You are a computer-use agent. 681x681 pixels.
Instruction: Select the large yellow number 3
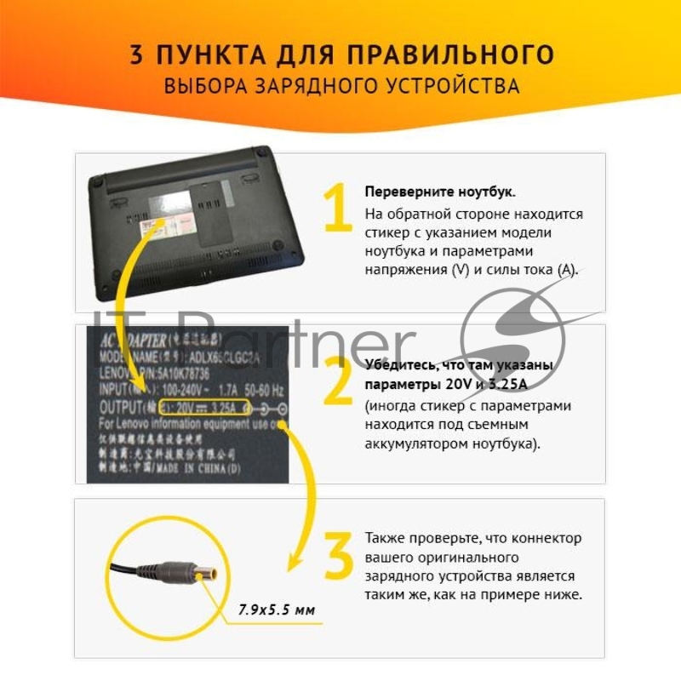click(338, 556)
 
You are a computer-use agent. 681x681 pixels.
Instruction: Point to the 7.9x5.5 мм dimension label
click(276, 609)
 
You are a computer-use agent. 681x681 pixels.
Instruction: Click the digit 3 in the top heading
click(136, 54)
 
